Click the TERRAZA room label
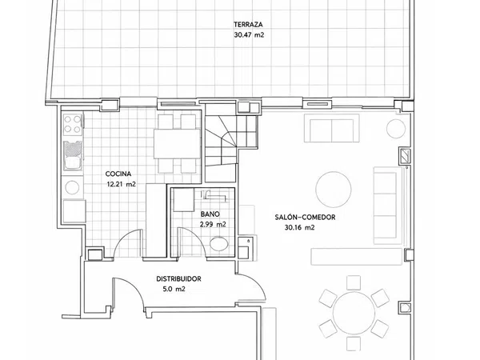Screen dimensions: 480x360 point(248,25)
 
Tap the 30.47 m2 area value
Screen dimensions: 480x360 point(249,34)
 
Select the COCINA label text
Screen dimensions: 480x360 point(118,174)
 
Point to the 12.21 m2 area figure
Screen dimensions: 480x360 point(122,184)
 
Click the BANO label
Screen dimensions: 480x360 point(210,214)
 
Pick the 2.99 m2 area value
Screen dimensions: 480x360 point(213,224)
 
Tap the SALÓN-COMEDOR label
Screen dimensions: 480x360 point(305,217)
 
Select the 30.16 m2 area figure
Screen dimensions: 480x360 point(299,227)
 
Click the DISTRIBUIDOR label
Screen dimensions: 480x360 point(178,279)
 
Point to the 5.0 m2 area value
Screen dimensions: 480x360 point(174,289)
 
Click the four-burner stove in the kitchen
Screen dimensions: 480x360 point(73,125)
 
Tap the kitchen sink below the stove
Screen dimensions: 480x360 point(73,155)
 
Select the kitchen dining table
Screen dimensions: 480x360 point(177,144)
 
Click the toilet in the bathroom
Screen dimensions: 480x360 point(219,244)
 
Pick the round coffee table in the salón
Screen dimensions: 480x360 point(334,190)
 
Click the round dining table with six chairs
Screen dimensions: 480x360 point(354,314)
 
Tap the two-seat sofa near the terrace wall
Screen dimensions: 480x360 point(331,129)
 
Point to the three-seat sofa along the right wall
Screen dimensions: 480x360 point(387,206)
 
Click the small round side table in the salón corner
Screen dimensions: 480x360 point(396,129)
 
